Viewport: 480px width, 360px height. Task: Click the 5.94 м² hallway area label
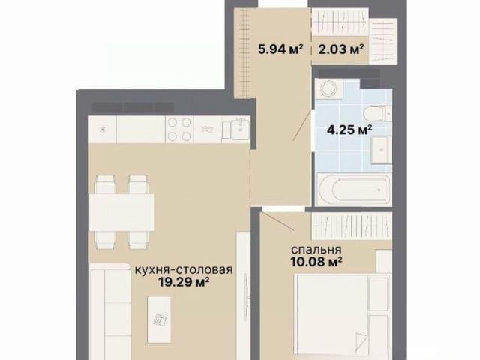(280, 49)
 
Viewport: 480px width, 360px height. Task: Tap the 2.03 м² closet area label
(341, 49)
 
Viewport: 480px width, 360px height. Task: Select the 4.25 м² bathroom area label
(349, 130)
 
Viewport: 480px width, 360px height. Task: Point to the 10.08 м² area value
(316, 262)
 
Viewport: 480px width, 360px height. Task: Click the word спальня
(316, 250)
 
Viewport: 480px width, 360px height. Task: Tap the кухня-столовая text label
(184, 270)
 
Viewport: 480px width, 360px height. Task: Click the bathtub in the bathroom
(353, 190)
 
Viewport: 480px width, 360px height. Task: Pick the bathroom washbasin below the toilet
(380, 150)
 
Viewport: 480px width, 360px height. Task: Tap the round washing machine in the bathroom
(329, 88)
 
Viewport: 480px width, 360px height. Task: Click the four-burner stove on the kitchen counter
(179, 129)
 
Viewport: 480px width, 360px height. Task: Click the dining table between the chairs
(121, 212)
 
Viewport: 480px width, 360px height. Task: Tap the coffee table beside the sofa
(159, 319)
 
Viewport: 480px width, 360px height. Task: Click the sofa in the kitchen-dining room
(109, 312)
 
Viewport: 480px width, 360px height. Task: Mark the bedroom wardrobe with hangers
(352, 226)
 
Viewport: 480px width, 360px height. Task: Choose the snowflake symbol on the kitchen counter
(102, 130)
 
